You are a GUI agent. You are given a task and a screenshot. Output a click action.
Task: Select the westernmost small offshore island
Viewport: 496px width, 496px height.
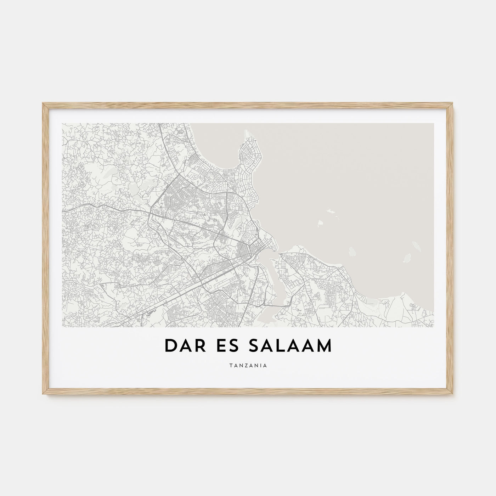click(x=320, y=224)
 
